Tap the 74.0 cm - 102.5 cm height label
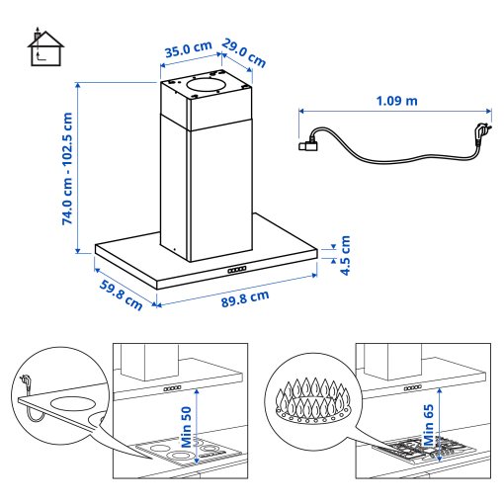click(x=67, y=169)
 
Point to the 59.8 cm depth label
click(x=119, y=293)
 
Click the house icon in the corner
click(x=45, y=49)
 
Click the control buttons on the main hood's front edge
click(x=237, y=269)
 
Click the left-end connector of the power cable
click(x=308, y=148)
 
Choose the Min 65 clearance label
click(x=429, y=428)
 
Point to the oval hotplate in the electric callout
click(x=70, y=402)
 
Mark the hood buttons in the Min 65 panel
click(x=415, y=388)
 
